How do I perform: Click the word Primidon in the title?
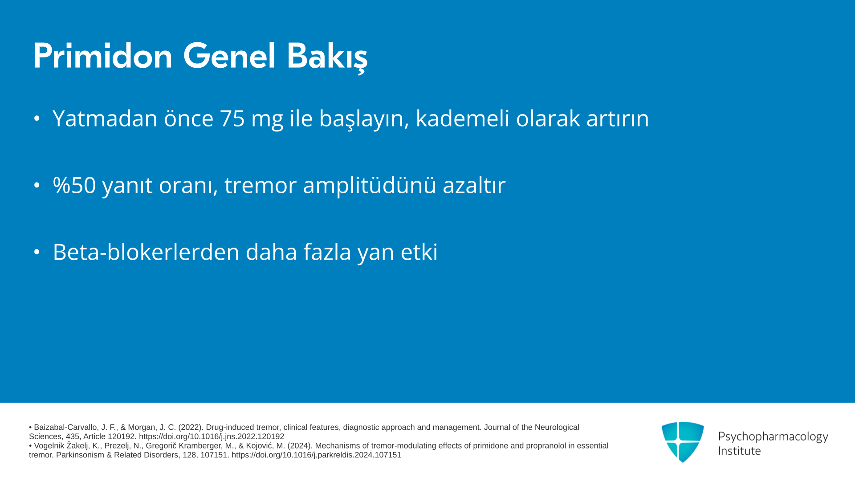[103, 56]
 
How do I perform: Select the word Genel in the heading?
[229, 56]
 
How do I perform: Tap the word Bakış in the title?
[327, 57]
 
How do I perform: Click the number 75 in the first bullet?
[232, 118]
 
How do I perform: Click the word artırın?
[618, 118]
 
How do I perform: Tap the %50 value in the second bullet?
[74, 185]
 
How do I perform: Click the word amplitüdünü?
[370, 185]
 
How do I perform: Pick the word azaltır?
[474, 185]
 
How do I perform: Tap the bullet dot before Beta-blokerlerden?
[37, 252]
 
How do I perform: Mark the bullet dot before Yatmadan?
[37, 118]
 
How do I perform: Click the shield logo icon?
[683, 442]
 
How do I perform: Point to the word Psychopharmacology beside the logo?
[773, 437]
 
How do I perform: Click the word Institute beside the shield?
[740, 451]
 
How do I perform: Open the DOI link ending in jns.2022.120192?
[212, 437]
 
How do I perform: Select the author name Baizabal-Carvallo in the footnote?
[65, 428]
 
